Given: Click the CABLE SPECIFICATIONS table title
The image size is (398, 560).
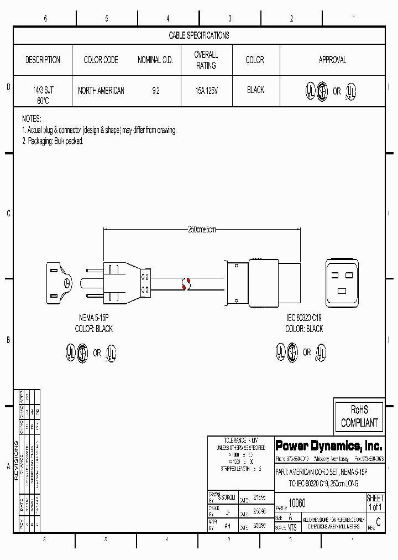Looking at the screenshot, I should coord(198,35).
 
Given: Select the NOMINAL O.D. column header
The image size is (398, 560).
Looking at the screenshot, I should coord(155,60).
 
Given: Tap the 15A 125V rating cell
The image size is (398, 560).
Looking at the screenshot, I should coord(206,90).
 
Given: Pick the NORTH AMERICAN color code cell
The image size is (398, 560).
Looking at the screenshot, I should coord(101,90).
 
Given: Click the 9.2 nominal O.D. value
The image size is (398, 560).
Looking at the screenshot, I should coord(155,90).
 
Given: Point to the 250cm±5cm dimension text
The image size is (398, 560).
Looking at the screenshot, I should coord(202,229).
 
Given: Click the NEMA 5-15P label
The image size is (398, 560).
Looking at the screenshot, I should coord(93,319).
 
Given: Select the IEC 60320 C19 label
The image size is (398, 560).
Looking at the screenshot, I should coord(304,319).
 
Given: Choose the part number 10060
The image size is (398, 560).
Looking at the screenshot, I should coord(297,503).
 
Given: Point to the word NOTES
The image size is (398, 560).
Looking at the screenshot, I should coord(32,119).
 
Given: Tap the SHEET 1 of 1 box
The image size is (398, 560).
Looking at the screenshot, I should coord(375,503).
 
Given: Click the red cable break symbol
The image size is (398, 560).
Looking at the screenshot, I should coord(186,284).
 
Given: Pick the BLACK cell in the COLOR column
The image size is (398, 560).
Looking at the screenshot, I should coord(255,90).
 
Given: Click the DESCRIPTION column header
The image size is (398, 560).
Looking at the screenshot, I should coord(43,60).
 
